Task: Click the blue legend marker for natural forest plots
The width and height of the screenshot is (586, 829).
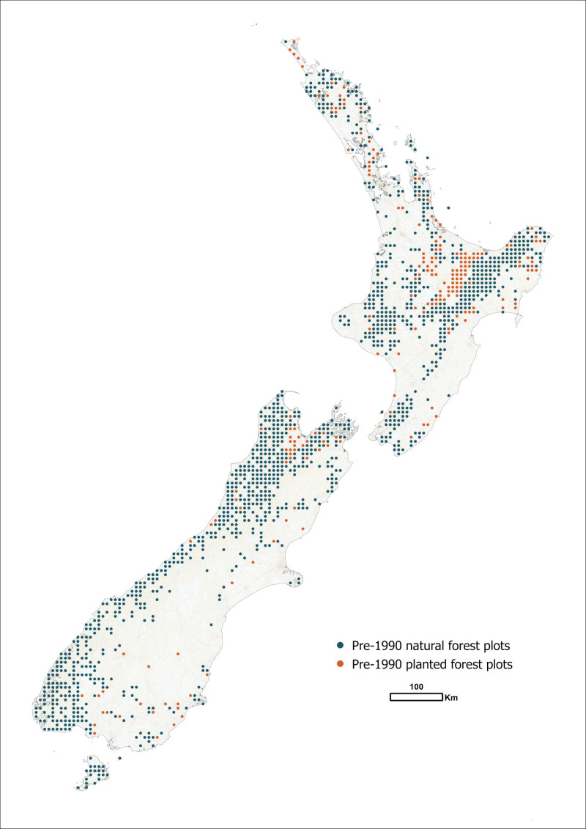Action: click(x=340, y=646)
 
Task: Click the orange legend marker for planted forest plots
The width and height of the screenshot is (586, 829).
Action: click(x=340, y=665)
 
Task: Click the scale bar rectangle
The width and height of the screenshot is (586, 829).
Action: click(x=415, y=697)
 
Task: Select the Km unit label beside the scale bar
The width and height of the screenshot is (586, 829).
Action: click(x=451, y=698)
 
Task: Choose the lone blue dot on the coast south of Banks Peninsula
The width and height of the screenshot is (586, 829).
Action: click(x=210, y=624)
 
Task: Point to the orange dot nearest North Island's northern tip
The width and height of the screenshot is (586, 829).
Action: click(x=294, y=42)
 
